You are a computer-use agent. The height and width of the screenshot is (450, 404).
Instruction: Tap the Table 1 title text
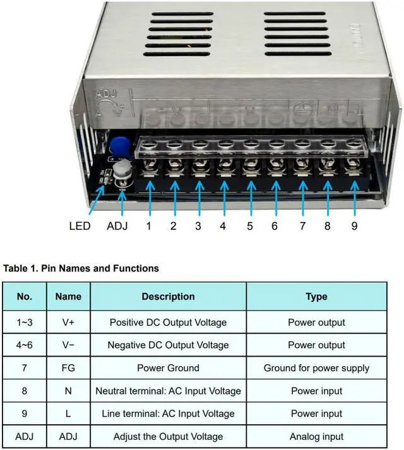click(x=81, y=268)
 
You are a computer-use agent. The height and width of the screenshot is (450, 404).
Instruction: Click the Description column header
click(x=168, y=297)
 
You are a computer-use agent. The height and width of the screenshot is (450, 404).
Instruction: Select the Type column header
click(x=316, y=297)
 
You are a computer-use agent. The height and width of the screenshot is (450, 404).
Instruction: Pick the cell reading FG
click(x=68, y=368)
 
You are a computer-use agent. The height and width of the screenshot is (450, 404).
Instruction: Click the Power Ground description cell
click(x=168, y=368)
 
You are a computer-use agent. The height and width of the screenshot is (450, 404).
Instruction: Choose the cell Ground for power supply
click(x=316, y=368)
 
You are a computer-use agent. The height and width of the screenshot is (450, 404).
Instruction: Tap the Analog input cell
click(x=316, y=436)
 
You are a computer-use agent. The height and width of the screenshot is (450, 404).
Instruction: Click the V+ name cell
click(x=68, y=323)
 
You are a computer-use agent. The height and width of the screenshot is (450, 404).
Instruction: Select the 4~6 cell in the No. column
click(x=25, y=345)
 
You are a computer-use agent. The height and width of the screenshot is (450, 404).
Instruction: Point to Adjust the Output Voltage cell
click(x=168, y=436)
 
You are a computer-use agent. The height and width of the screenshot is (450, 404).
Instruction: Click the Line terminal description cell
click(x=168, y=413)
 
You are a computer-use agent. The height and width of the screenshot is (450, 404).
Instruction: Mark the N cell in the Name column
click(x=68, y=391)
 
